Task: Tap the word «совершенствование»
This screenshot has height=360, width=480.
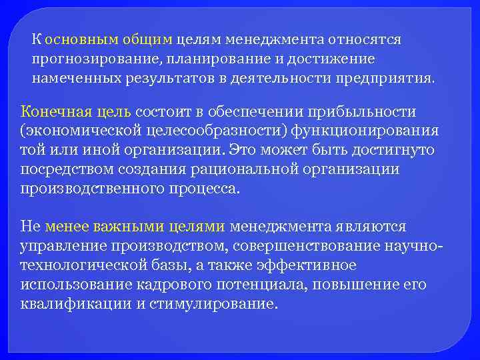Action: click(307, 246)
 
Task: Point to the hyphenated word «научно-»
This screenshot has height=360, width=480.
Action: click(413, 246)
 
